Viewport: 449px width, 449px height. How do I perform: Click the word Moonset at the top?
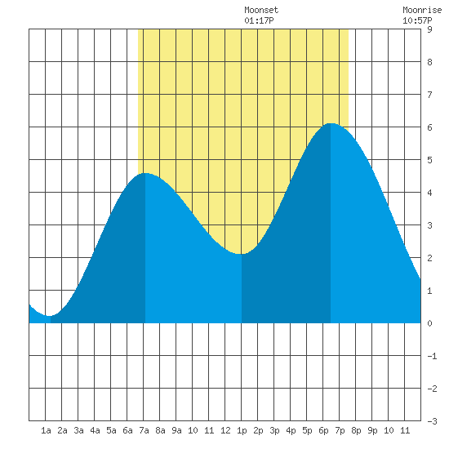click(261, 10)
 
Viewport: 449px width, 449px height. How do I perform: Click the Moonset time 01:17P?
click(259, 20)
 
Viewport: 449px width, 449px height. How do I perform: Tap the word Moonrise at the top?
click(422, 10)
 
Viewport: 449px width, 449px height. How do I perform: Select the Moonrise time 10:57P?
click(417, 20)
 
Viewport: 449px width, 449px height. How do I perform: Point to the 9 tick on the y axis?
click(429, 29)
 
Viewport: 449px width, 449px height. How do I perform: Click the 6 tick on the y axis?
click(429, 127)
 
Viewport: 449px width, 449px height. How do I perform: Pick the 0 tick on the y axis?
click(429, 323)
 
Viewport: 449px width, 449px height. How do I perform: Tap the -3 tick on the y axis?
click(432, 421)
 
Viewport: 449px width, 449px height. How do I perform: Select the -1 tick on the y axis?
click(432, 356)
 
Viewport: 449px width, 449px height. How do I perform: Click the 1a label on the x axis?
click(46, 430)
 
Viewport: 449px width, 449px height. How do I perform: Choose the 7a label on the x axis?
click(144, 430)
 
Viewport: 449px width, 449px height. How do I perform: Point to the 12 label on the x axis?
click(225, 430)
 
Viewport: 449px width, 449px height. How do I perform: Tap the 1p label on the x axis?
click(242, 430)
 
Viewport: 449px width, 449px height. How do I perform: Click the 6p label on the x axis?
click(323, 430)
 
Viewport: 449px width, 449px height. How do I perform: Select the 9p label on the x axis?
click(372, 430)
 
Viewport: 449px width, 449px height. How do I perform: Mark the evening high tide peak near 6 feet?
click(331, 123)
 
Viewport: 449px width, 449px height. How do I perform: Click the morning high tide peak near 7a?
click(145, 173)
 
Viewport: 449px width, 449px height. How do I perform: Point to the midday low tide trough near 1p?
click(242, 254)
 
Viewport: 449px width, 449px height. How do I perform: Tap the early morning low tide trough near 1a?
click(51, 316)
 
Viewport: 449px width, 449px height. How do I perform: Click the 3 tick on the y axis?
click(429, 225)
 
